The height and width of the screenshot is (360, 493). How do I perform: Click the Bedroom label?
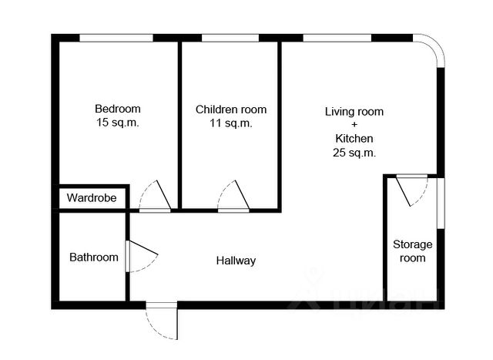[x=118, y=108]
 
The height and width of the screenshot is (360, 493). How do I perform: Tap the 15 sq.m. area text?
[x=118, y=122]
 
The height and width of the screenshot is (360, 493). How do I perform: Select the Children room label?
[x=230, y=109]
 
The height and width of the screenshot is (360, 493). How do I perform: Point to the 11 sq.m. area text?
[x=230, y=123]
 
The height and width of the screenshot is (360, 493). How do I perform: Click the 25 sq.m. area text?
[x=354, y=153]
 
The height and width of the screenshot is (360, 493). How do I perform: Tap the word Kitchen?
[x=354, y=139]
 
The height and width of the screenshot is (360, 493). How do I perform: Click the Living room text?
[x=354, y=112]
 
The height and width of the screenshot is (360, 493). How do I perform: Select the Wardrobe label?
[x=91, y=198]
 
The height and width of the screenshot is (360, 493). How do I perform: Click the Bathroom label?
[x=94, y=257]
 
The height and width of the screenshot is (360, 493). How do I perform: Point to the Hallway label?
[x=236, y=261]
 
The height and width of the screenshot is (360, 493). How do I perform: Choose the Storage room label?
[x=413, y=251]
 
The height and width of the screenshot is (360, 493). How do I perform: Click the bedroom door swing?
[x=156, y=196]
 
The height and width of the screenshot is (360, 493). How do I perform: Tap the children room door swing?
[x=234, y=196]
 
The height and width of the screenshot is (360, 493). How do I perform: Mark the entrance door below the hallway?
[x=163, y=320]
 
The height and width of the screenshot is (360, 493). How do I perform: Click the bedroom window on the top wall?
[x=116, y=38]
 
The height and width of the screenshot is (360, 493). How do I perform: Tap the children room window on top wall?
[x=229, y=38]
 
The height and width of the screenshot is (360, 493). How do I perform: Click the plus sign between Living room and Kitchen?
[x=354, y=125]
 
